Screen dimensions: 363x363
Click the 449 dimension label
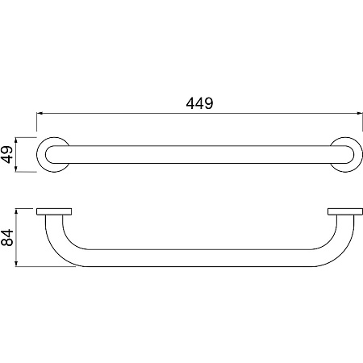(199, 103)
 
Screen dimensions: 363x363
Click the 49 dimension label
(7, 154)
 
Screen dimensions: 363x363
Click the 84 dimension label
(7, 237)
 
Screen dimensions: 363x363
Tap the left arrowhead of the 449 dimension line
(40, 114)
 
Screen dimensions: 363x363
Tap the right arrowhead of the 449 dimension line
(360, 114)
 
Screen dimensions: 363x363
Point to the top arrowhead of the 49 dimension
(16, 140)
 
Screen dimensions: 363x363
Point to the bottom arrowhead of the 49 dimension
(16, 169)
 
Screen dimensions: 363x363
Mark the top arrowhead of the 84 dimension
(16, 211)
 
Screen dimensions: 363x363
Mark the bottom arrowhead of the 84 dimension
(16, 263)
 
